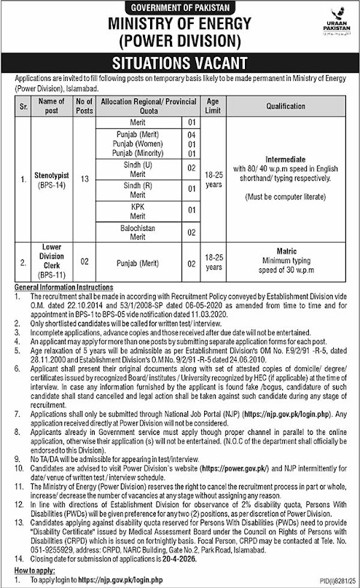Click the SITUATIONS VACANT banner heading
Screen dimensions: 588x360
(x=179, y=62)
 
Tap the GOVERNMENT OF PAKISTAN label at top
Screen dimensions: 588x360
(x=179, y=7)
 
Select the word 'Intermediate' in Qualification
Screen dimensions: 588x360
(x=289, y=165)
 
